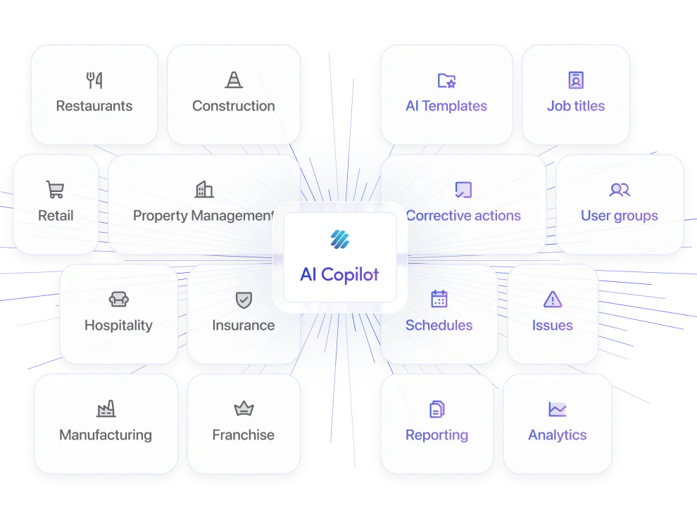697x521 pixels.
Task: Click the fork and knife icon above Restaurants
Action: (94, 80)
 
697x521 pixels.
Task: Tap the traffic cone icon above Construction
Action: (234, 80)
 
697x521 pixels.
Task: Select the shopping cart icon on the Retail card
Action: (55, 190)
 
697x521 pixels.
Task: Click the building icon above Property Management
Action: (204, 189)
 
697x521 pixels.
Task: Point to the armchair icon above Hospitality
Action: (118, 300)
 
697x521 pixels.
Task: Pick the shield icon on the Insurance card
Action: (244, 300)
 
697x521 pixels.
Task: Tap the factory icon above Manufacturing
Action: (106, 409)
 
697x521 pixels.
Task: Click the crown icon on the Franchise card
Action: (244, 409)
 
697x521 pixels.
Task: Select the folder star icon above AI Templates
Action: (446, 80)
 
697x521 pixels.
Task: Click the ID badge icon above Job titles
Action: (576, 80)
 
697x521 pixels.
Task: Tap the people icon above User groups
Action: (620, 190)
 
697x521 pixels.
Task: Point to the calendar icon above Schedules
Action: (439, 300)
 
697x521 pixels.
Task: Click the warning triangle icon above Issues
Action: (553, 300)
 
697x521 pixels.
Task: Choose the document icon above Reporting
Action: (437, 409)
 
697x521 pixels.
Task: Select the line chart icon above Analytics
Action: (558, 409)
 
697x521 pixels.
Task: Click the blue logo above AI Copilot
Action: (339, 240)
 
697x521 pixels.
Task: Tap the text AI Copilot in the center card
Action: (339, 274)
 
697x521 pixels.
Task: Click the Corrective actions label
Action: (463, 216)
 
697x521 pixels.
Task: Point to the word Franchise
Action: (244, 435)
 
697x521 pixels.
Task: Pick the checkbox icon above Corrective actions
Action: (463, 190)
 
